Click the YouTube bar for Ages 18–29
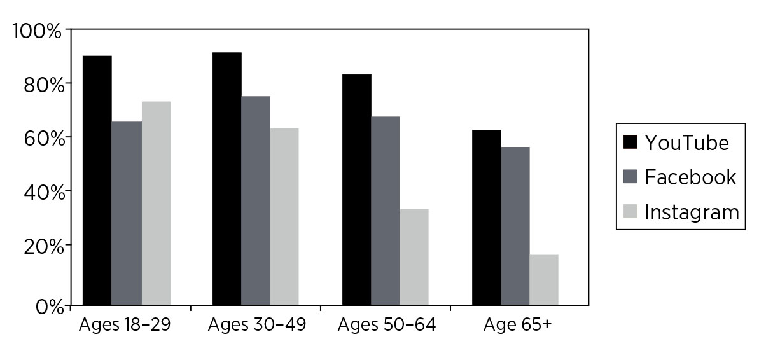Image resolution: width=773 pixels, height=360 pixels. [97, 181]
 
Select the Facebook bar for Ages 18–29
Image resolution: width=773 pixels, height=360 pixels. [127, 214]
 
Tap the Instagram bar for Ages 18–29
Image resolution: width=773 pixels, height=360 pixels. [156, 204]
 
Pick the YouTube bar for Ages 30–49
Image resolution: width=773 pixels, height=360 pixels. [227, 179]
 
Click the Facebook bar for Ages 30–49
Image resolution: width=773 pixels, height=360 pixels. [256, 201]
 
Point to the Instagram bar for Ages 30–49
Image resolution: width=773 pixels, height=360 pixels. [284, 217]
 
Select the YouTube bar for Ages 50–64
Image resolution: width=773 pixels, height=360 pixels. [357, 190]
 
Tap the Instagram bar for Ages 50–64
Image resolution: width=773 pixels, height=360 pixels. [414, 258]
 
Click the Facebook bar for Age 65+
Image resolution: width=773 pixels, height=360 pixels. [515, 226]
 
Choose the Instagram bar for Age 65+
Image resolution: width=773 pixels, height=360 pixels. [544, 280]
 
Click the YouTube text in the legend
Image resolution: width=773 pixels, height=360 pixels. [686, 142]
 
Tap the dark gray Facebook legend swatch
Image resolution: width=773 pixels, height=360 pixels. [630, 177]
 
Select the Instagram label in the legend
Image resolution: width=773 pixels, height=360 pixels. [692, 212]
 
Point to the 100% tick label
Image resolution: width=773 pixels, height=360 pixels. [37, 31]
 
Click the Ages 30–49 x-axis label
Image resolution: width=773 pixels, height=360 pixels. [257, 325]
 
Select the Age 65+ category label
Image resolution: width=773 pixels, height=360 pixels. [517, 325]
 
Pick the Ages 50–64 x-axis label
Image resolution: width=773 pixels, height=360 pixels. [387, 325]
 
